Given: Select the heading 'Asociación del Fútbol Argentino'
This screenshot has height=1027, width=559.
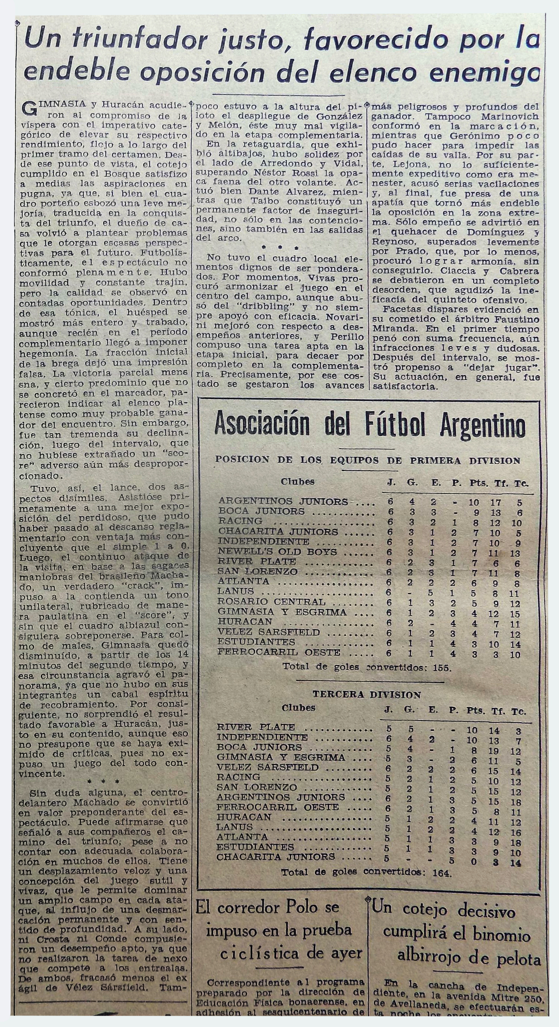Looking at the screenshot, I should coord(369,426).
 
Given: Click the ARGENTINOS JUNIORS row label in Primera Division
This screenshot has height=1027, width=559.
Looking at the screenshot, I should coord(283,501).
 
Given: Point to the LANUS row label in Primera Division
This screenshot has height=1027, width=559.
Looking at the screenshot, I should coord(236,591).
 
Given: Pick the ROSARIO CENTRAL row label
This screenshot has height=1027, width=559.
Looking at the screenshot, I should coord(272,602).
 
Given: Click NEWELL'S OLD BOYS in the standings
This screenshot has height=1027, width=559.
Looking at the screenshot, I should coord(278,552).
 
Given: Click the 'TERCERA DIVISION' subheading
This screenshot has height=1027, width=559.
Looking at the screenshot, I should coord(367,695).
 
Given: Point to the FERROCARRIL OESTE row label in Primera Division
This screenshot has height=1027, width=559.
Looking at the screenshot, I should coord(279,653).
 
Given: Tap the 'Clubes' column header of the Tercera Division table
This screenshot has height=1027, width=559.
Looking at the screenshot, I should coord(298,708).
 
